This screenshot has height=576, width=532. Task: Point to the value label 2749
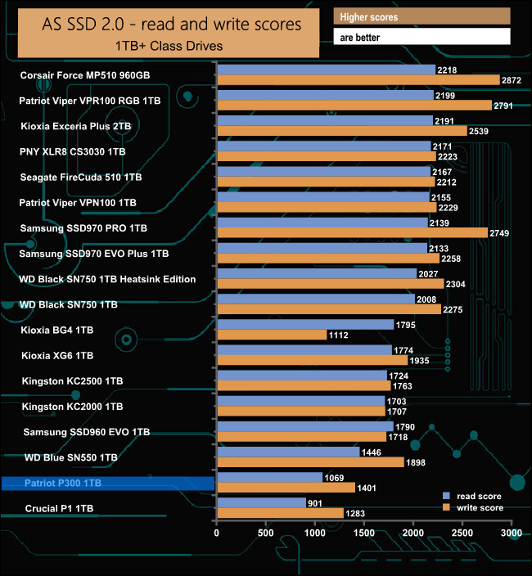pos(499,233)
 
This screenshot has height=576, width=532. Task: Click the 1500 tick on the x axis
pos(364,533)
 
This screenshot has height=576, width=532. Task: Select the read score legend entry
pos(474,496)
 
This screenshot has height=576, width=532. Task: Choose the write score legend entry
pos(474,508)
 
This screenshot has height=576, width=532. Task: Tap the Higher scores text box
pos(422,17)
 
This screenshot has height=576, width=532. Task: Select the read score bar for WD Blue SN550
pos(287,451)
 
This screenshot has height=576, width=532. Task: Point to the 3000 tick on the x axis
pos(512,533)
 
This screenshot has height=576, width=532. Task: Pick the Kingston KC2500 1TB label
pos(72,380)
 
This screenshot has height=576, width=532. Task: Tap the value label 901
pos(317,502)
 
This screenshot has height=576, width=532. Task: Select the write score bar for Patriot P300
pos(285,488)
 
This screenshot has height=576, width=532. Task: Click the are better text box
pos(422,37)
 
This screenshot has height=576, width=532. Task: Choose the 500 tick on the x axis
pos(265,533)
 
